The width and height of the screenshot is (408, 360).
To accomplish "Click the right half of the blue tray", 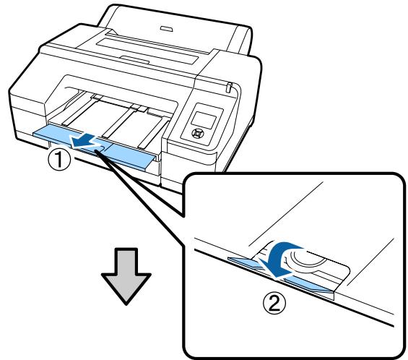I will tap(130, 158).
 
